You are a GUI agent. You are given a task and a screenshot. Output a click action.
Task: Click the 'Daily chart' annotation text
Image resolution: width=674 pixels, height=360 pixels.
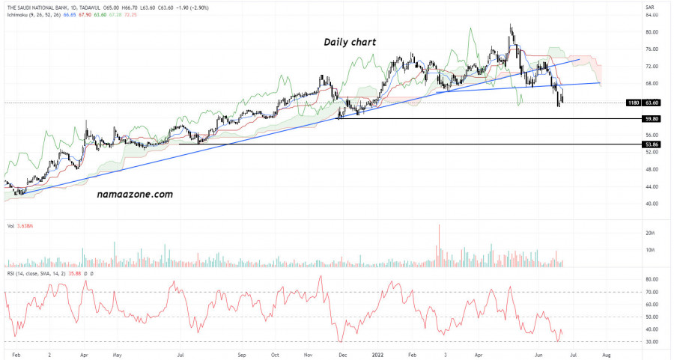(x=350, y=42)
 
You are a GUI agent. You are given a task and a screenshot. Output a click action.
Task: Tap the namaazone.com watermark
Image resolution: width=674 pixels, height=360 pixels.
(x=135, y=194)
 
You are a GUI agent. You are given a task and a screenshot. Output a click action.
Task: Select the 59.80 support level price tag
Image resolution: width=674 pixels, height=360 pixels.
(x=652, y=119)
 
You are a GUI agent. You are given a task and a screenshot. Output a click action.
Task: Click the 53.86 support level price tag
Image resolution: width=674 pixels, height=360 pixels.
(x=652, y=144)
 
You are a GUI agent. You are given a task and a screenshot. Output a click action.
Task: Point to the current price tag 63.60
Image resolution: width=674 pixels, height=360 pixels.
(x=652, y=103)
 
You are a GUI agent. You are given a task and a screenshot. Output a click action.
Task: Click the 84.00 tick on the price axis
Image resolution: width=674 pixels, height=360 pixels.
(x=651, y=15)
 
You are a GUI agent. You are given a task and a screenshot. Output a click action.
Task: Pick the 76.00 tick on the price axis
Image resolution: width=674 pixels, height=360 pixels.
(x=651, y=49)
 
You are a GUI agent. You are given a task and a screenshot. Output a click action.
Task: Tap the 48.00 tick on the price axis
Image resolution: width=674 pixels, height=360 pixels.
(x=651, y=169)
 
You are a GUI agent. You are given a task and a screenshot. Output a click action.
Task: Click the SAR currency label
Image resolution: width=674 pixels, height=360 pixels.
(x=650, y=6)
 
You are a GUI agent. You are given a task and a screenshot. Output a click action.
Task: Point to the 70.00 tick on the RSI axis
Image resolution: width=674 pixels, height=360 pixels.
(x=651, y=292)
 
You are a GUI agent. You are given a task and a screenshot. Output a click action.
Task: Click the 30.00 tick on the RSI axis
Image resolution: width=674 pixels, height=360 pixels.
(x=651, y=342)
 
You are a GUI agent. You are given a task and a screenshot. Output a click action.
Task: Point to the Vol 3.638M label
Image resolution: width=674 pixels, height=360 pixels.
(x=20, y=225)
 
